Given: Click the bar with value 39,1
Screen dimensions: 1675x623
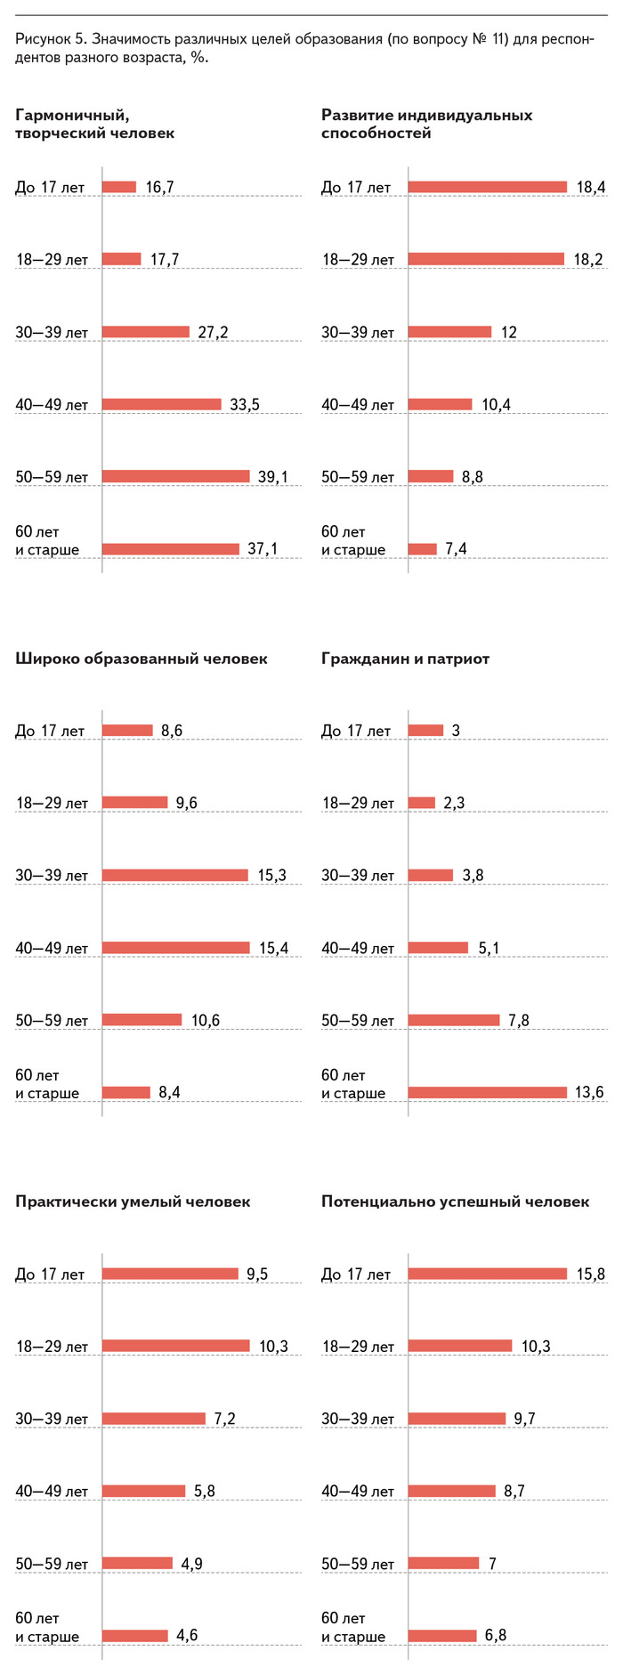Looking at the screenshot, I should click(175, 476).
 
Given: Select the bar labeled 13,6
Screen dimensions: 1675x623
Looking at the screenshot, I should click(487, 1092).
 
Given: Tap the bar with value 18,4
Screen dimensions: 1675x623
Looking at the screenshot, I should click(487, 187).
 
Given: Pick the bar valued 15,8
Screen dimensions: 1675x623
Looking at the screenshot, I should click(487, 1274).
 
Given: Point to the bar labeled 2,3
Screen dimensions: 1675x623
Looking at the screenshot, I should click(421, 803).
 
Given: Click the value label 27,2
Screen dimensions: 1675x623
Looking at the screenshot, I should click(213, 332).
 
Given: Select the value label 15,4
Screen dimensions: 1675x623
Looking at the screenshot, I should click(273, 948).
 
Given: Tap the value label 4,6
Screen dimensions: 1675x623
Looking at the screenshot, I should click(187, 1635).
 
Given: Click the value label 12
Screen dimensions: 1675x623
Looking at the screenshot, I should click(508, 332).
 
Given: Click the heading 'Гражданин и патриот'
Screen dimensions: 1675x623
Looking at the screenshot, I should click(405, 659).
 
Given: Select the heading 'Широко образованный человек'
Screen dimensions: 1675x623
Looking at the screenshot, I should click(141, 659).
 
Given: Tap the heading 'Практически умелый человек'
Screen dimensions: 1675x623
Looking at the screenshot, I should click(133, 1202).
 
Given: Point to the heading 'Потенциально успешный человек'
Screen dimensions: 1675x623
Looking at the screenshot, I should click(455, 1202).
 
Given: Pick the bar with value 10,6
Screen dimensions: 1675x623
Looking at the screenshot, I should click(142, 1020).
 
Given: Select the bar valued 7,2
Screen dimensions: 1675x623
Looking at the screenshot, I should click(153, 1419).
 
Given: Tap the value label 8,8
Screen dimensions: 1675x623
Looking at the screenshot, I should click(472, 477).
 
